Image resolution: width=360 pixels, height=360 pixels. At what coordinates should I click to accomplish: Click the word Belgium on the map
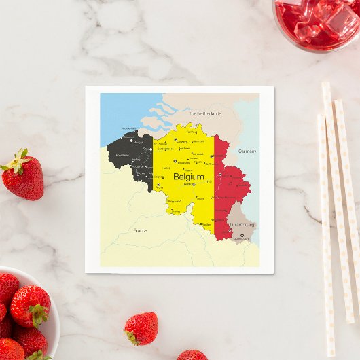coord(188,177)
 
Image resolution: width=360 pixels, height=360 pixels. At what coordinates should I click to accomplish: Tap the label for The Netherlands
coord(205,114)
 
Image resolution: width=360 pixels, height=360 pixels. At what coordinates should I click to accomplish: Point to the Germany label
coord(247,151)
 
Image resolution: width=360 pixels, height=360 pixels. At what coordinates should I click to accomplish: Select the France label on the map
coord(140,230)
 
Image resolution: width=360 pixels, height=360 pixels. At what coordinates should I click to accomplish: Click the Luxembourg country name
coord(242,224)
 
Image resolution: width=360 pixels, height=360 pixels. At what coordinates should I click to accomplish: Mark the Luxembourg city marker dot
coord(241,236)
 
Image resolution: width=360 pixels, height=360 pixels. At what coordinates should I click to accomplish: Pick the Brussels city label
coord(184,163)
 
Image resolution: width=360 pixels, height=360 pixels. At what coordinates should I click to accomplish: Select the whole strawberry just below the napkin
coord(142,329)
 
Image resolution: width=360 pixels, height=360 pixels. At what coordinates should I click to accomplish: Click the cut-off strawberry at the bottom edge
coord(192,355)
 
